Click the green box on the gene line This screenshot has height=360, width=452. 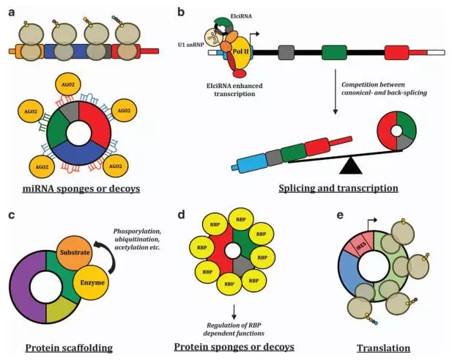[334, 53]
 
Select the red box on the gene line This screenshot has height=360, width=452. [396, 53]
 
